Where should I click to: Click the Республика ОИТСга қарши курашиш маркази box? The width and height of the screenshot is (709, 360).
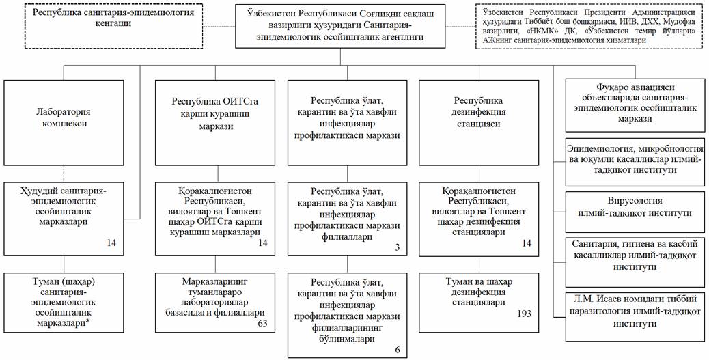215,113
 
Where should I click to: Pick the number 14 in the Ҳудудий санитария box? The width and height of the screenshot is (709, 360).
112,242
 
